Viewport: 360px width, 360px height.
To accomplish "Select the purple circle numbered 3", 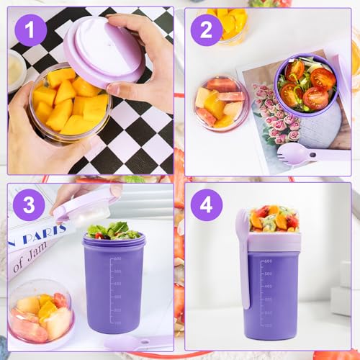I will click(30, 205).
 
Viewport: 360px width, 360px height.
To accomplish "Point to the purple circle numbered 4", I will click(206, 205).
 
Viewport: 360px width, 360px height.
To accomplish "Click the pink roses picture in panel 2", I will click(270, 122).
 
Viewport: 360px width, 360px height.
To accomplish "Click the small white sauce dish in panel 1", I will click(15, 68).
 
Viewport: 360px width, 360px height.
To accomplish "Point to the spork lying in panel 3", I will click(137, 342).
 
